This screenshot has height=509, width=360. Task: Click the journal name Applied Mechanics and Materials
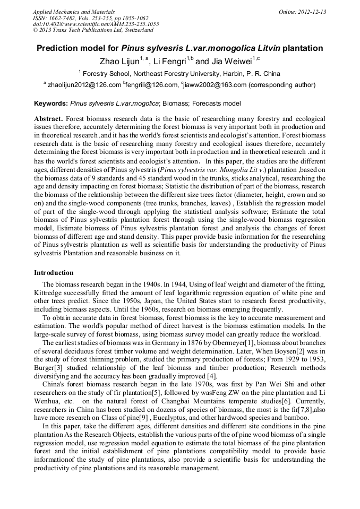point(73,12)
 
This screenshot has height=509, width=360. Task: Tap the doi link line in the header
point(96,24)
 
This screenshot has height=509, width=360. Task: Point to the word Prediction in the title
point(58,48)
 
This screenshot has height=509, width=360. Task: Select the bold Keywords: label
point(51,103)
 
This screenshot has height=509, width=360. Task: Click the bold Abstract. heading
point(49,119)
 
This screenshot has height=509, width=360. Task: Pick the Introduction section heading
point(54,273)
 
